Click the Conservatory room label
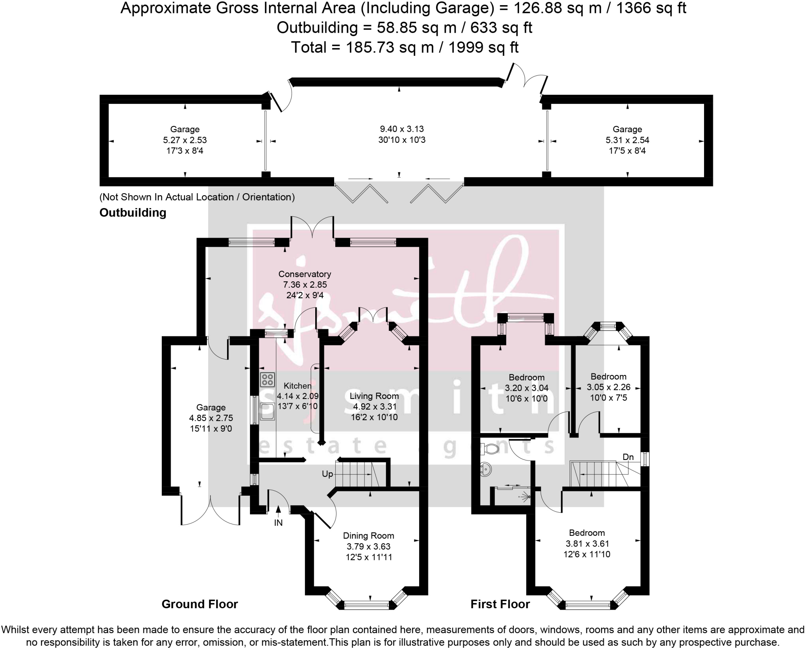(x=305, y=274)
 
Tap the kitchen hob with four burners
(x=267, y=380)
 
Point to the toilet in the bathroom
(x=490, y=448)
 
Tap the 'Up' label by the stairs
(x=327, y=474)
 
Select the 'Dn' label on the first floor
(x=628, y=457)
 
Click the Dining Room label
(x=368, y=535)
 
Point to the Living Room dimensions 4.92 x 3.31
(x=374, y=407)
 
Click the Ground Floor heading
(x=200, y=604)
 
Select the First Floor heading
(x=500, y=604)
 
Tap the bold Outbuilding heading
(x=133, y=213)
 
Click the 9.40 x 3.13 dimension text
(x=402, y=129)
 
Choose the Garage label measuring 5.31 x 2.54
(x=627, y=129)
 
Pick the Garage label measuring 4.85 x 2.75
(x=211, y=408)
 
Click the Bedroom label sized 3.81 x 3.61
(x=587, y=533)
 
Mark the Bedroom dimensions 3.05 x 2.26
(x=608, y=387)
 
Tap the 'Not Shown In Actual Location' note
(x=197, y=197)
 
